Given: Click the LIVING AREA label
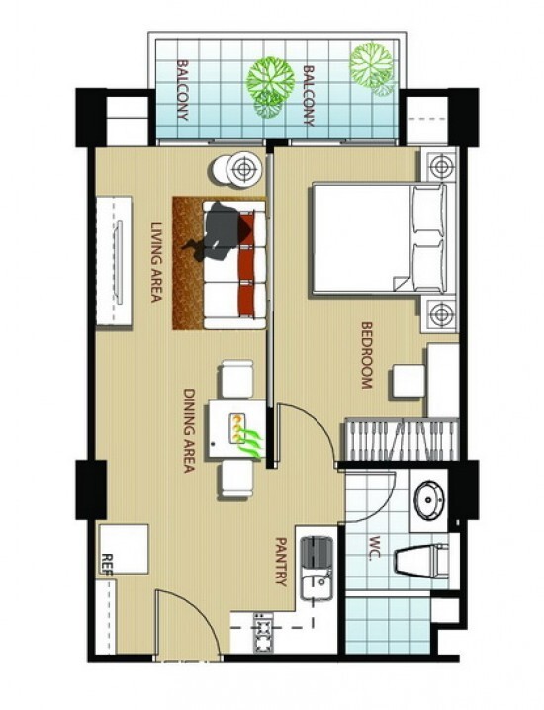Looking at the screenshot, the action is [156, 262].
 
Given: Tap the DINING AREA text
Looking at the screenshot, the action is [189, 430].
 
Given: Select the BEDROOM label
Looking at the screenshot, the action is [366, 355].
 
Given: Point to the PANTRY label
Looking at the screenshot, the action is [281, 562].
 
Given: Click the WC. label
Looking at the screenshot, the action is [375, 549].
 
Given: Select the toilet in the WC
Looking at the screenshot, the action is [421, 561].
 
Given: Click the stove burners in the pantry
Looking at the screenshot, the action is [263, 633].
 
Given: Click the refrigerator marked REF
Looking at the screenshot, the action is [124, 549].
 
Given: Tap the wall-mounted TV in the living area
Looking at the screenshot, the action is [119, 262].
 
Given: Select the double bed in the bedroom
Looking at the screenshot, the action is [378, 238].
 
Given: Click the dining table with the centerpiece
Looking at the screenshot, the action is [237, 429].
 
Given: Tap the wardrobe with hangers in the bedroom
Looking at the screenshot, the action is [402, 440].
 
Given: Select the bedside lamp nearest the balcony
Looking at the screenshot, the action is [440, 166].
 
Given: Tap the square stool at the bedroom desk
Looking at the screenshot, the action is [408, 382].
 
